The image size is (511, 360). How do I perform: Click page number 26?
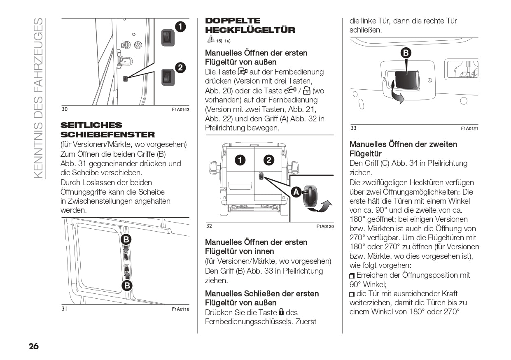[x=33, y=346]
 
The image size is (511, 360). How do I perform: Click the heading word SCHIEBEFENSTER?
[x=107, y=135]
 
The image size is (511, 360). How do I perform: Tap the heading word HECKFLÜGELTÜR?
[x=250, y=30]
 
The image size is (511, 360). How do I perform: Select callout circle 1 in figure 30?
[x=180, y=27]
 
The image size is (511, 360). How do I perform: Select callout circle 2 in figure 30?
[x=180, y=67]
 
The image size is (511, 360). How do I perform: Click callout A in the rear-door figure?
[x=295, y=192]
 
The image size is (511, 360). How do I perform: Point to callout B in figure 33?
[x=406, y=53]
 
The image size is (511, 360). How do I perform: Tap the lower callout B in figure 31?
[x=127, y=285]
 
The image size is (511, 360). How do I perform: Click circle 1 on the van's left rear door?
[x=240, y=160]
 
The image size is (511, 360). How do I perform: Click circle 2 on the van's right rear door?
[x=268, y=160]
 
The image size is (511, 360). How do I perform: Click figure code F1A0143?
[x=180, y=110]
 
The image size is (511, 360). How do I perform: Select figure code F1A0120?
[x=325, y=227]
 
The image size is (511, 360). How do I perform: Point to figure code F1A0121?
[x=469, y=129]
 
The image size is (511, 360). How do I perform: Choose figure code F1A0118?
[x=180, y=309]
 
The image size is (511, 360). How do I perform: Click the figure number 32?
[x=209, y=226]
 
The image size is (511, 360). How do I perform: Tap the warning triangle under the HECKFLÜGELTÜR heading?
[x=210, y=39]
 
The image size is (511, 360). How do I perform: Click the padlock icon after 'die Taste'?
[x=282, y=312]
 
